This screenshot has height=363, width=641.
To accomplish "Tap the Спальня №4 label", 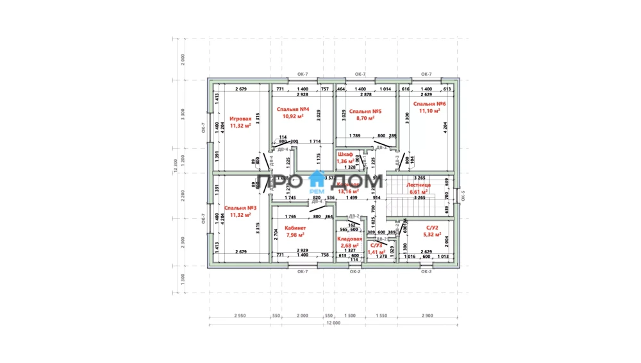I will click(294, 110).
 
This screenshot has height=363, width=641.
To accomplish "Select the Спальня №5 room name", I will click(360, 111).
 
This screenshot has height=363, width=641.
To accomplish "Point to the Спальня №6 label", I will click(429, 103).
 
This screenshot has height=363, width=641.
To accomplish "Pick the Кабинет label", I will click(295, 228).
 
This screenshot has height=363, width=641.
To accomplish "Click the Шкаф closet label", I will click(345, 155).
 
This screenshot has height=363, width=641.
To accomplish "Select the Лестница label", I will click(419, 184).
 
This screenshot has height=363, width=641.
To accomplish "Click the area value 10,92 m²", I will click(294, 117).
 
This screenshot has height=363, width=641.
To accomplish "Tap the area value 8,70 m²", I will click(360, 118).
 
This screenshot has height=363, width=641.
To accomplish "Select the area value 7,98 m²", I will click(295, 235).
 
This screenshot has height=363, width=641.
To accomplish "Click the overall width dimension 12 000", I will click(333, 324).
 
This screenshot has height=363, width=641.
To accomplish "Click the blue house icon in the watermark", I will click(317, 179).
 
